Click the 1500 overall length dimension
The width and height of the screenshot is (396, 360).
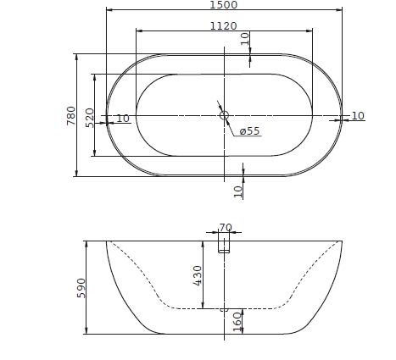pyautogui.click(x=224, y=5)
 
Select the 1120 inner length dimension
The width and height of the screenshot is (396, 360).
pyautogui.click(x=224, y=25)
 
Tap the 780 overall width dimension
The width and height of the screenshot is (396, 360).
pyautogui.click(x=71, y=115)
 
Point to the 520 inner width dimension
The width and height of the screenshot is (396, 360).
pyautogui.click(x=90, y=115)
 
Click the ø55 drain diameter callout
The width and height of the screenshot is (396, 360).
pyautogui.click(x=249, y=131)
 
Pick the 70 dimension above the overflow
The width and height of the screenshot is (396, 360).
pyautogui.click(x=225, y=227)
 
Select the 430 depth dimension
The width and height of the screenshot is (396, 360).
pyautogui.click(x=198, y=274)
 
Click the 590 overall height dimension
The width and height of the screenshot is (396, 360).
pyautogui.click(x=82, y=287)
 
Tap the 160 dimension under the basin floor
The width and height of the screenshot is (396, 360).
pyautogui.click(x=237, y=321)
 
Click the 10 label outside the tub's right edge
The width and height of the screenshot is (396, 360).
pyautogui.click(x=357, y=116)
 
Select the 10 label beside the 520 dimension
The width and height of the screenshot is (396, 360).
pyautogui.click(x=123, y=119)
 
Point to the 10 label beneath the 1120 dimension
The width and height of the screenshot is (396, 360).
pyautogui.click(x=245, y=38)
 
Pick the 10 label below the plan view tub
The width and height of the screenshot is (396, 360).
pyautogui.click(x=238, y=191)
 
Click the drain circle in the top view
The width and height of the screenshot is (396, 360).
pyautogui.click(x=224, y=115)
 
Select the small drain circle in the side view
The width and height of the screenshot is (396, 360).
pyautogui.click(x=224, y=310)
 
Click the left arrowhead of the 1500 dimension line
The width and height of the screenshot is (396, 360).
pyautogui.click(x=109, y=11)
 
